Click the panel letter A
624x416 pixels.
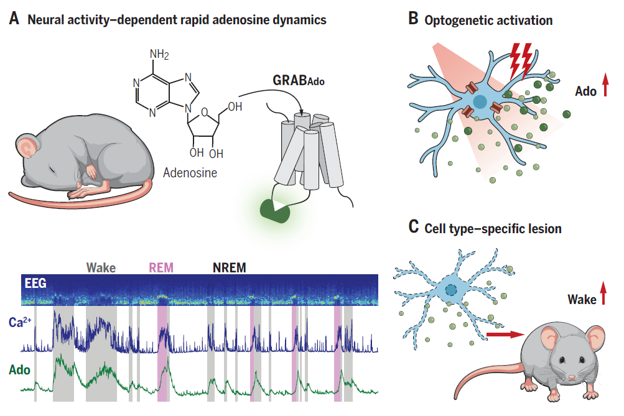(x=14, y=18)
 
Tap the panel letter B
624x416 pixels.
(x=413, y=18)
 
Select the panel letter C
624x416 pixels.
(x=414, y=227)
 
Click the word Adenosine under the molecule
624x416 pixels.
(x=190, y=173)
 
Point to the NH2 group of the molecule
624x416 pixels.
(x=159, y=54)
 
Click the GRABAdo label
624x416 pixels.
(x=299, y=80)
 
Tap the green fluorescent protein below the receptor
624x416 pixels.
(x=275, y=210)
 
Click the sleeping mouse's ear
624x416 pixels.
(x=27, y=147)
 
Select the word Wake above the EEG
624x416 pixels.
(x=101, y=267)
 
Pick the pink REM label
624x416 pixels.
(x=161, y=267)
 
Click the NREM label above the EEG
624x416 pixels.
(x=229, y=267)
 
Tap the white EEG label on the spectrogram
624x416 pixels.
(x=35, y=283)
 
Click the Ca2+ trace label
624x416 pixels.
(x=19, y=321)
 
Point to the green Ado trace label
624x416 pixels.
(x=19, y=370)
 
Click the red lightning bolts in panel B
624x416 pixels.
(x=521, y=60)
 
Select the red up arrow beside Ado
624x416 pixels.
(x=605, y=85)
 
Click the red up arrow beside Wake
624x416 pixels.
(x=603, y=293)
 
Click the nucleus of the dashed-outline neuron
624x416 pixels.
(x=451, y=290)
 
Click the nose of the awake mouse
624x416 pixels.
(x=572, y=377)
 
